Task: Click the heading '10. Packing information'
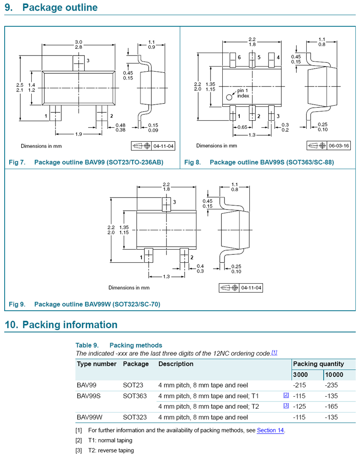pos(61,325)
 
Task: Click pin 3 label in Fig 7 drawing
pos(88,61)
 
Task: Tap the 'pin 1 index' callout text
pos(244,93)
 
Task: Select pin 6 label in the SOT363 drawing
pos(239,57)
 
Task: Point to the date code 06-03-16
pos(339,146)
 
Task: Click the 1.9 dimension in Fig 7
pos(79,134)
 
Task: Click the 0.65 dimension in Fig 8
pos(242,127)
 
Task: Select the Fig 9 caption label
pos(17,304)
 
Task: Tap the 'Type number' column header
pos(97,364)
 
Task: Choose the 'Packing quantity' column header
pos(318,364)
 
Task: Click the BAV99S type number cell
pos(89,396)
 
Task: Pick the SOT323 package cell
pos(135,418)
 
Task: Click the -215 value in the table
pos(299,386)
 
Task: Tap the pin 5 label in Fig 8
pos(259,57)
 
